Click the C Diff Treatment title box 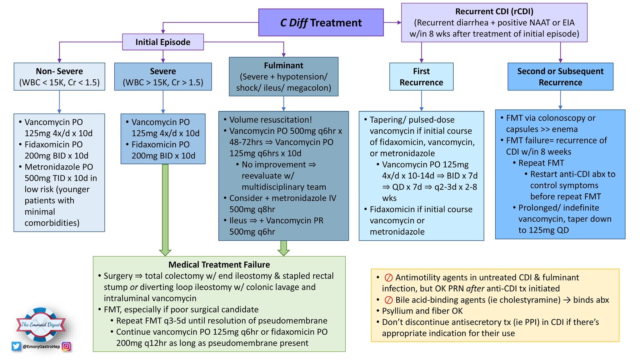pyautogui.click(x=321, y=22)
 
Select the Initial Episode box pyautogui.click(x=163, y=42)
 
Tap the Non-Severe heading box pyautogui.click(x=59, y=77)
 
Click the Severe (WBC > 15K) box pyautogui.click(x=163, y=77)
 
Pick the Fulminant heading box pyautogui.click(x=283, y=76)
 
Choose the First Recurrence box pyautogui.click(x=421, y=77)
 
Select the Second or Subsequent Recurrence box pyautogui.click(x=560, y=77)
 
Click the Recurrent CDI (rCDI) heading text pyautogui.click(x=494, y=12)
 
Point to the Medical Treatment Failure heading pyautogui.click(x=219, y=265)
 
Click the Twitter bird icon pyautogui.click(x=16, y=346)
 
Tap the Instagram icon pyautogui.click(x=66, y=346)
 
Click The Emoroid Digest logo pyautogui.click(x=41, y=324)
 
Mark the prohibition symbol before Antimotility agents pyautogui.click(x=388, y=277)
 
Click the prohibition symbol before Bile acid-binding pyautogui.click(x=388, y=300)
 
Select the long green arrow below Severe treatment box pyautogui.click(x=165, y=209)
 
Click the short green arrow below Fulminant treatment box pyautogui.click(x=283, y=248)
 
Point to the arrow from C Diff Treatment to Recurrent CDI pyautogui.click(x=392, y=22)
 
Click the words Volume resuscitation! pyautogui.click(x=270, y=120)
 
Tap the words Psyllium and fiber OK pyautogui.click(x=422, y=311)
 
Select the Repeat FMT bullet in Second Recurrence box pyautogui.click(x=541, y=163)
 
